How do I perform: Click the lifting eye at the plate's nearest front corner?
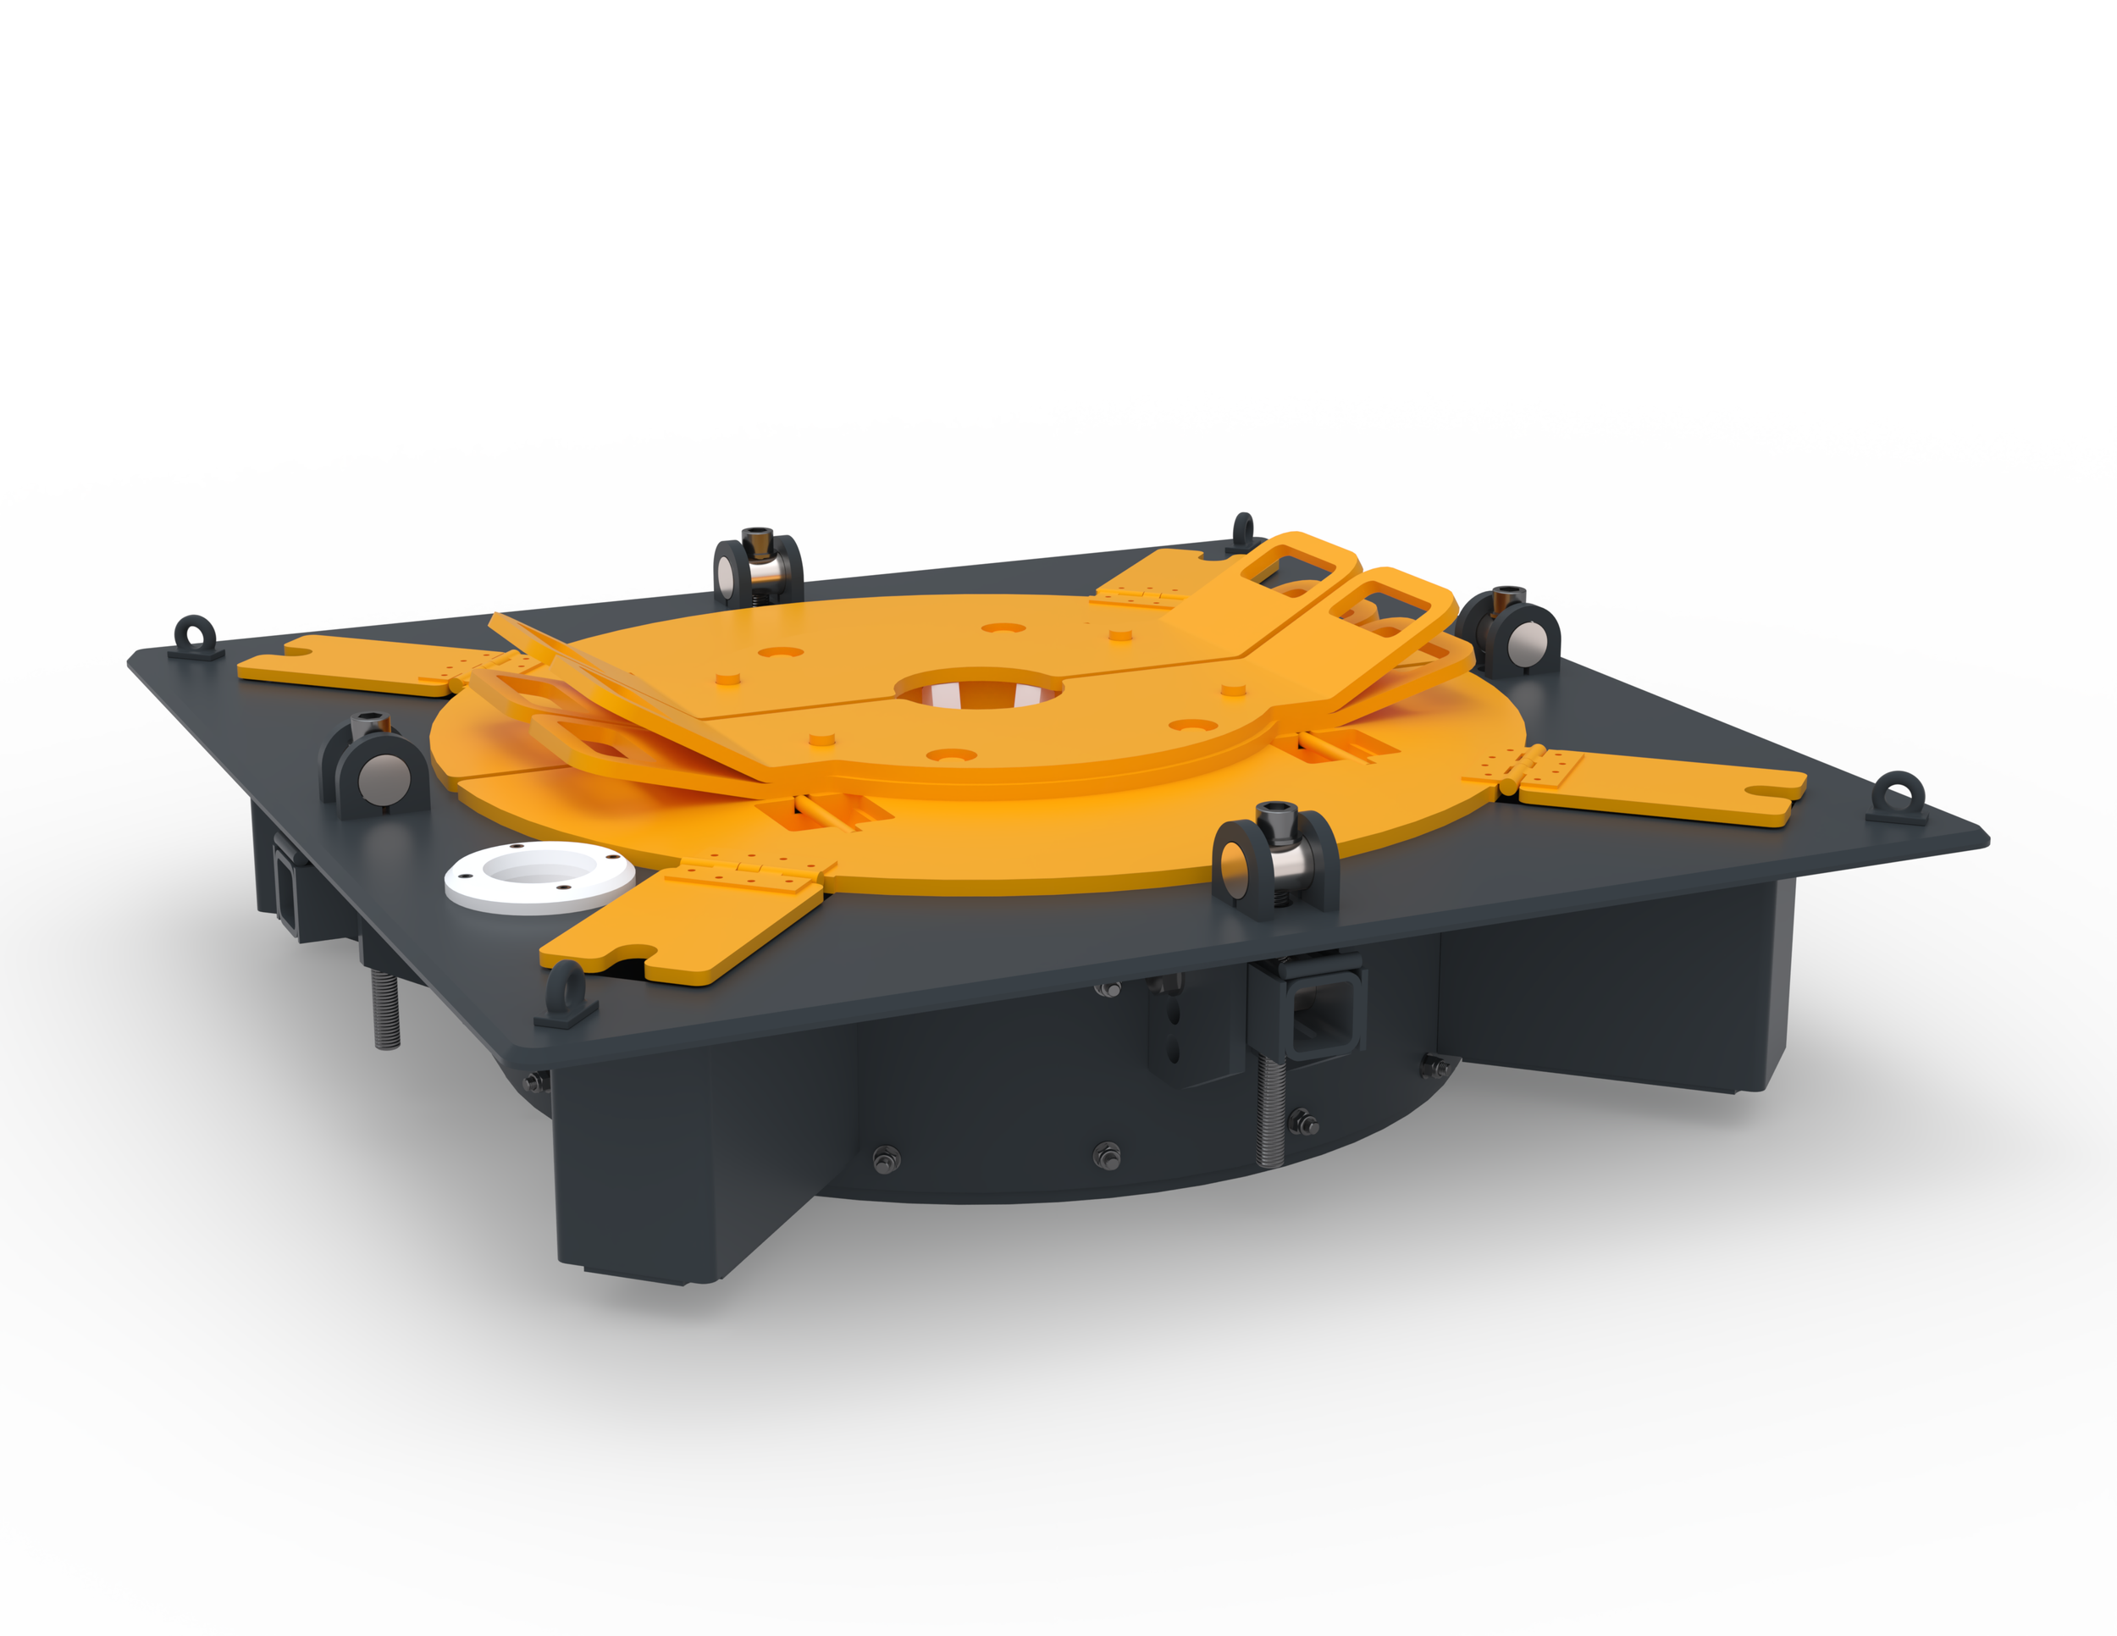[566, 994]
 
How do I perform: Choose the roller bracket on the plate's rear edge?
[758, 571]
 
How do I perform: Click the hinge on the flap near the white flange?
[749, 871]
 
